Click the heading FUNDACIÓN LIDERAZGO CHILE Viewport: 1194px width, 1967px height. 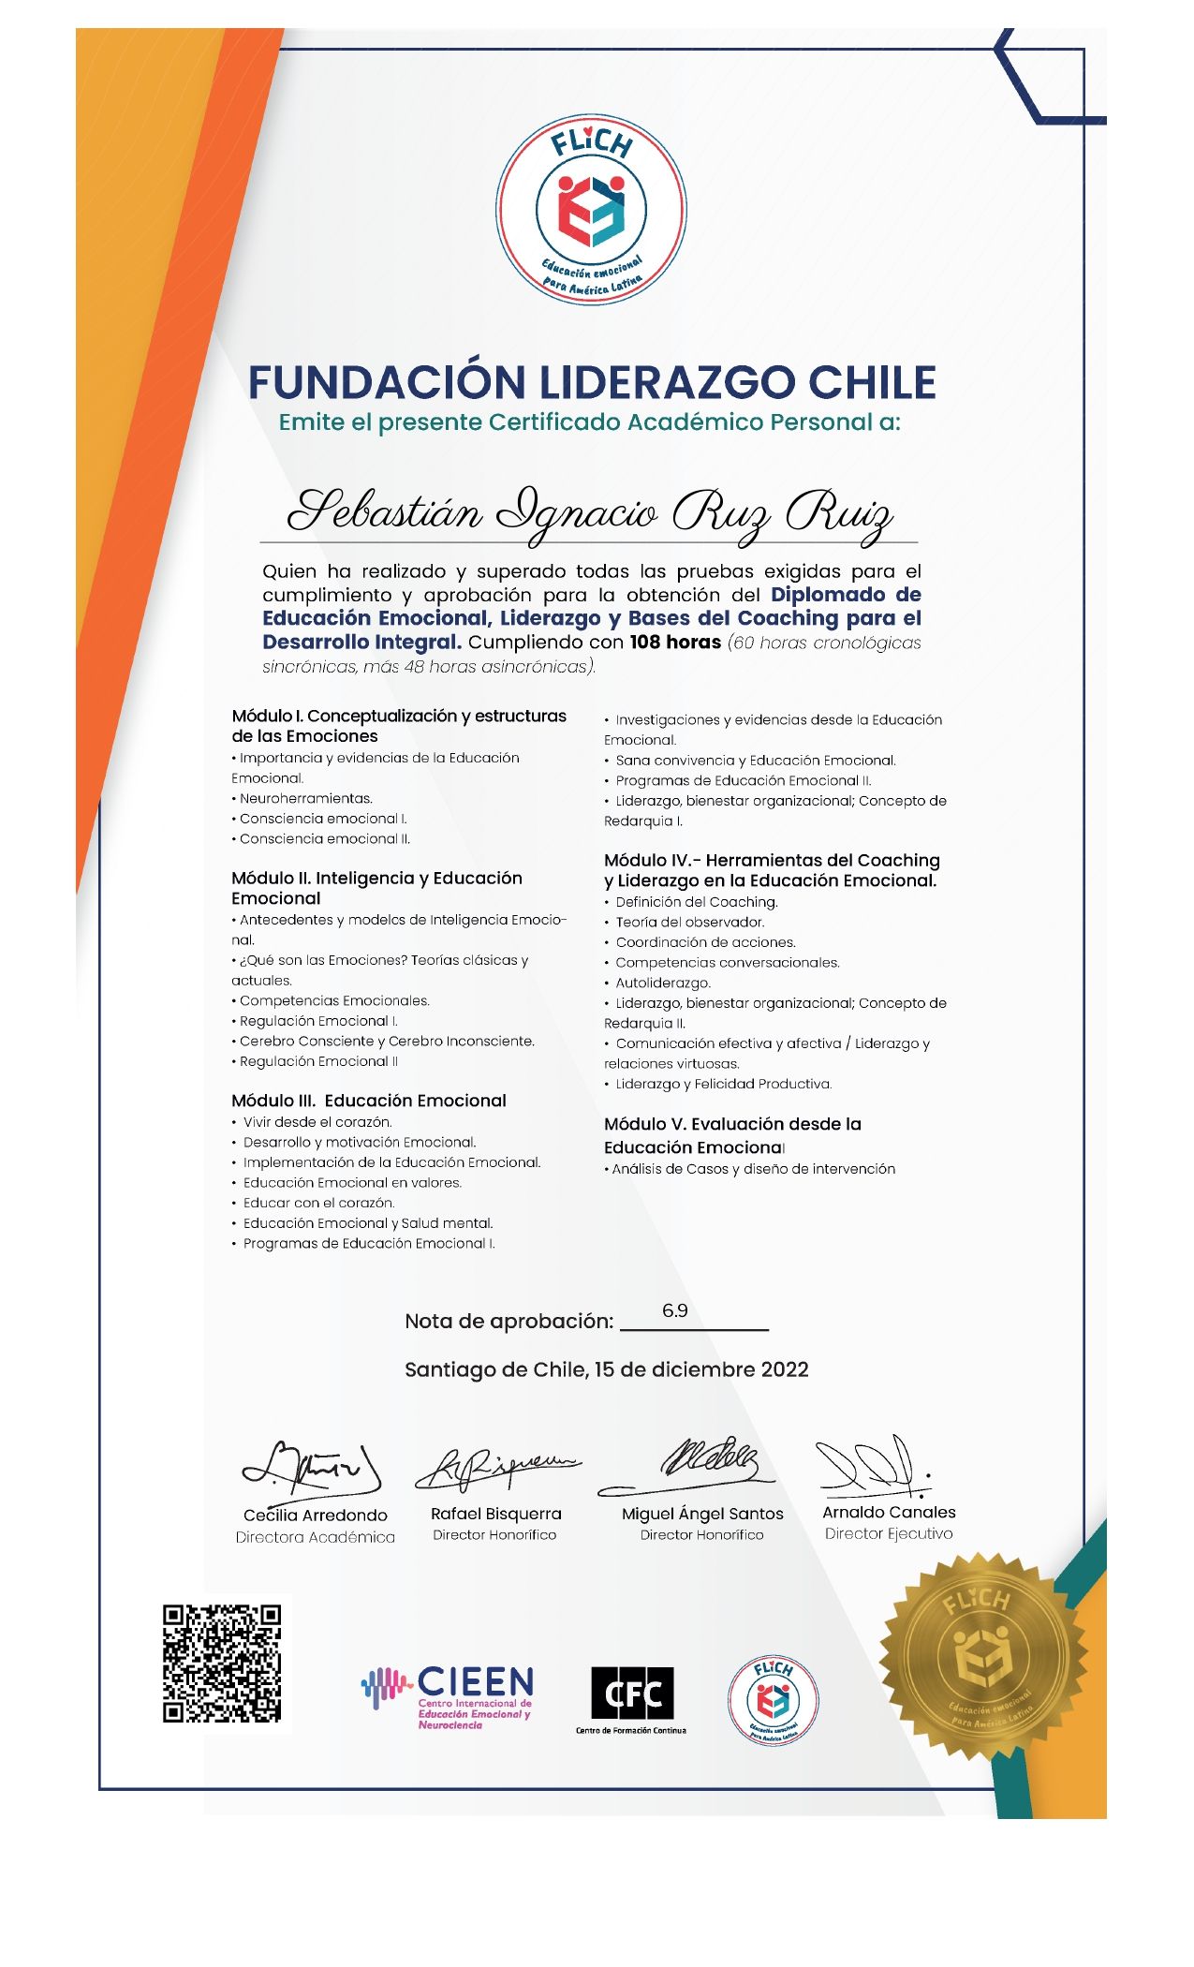[592, 382]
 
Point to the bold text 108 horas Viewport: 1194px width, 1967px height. [674, 643]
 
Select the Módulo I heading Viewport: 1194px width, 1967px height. [399, 726]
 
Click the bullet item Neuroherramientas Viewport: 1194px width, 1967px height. [305, 799]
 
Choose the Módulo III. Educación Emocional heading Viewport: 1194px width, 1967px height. [369, 1101]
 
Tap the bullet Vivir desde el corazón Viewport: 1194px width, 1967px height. [317, 1122]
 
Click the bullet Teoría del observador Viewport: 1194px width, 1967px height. [689, 923]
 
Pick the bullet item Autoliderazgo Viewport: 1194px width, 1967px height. [662, 983]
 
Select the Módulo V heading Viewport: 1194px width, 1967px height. [732, 1135]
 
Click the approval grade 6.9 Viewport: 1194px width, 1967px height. [674, 1311]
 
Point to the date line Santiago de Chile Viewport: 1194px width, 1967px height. [606, 1369]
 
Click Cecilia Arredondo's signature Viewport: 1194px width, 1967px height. [312, 1469]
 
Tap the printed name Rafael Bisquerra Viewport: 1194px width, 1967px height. [495, 1514]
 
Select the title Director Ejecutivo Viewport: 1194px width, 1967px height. [888, 1534]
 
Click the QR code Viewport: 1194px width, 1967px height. [222, 1664]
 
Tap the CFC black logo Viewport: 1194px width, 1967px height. [631, 1693]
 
